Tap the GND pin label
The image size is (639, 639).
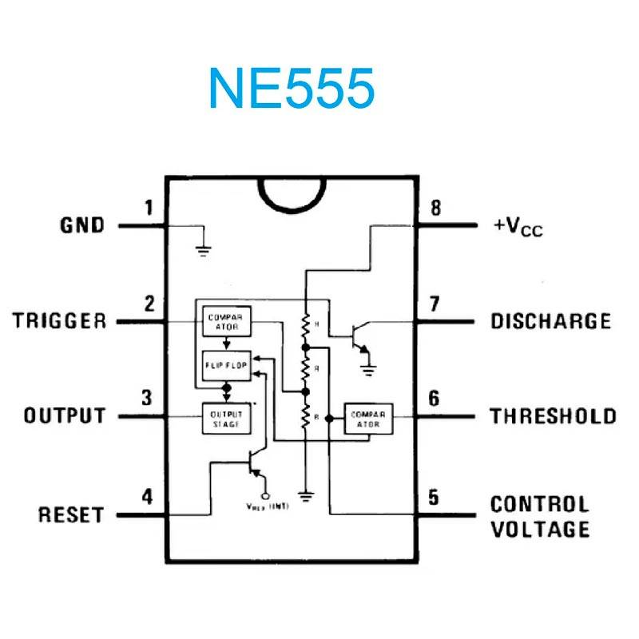(82, 225)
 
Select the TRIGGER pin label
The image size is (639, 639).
(60, 321)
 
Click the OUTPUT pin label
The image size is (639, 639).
(65, 416)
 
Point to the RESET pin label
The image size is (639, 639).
(71, 514)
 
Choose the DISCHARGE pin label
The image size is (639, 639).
(550, 321)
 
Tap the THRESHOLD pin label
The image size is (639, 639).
(553, 416)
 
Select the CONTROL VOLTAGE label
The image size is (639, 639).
(540, 517)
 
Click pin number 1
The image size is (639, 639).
(149, 208)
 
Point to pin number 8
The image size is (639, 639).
(435, 208)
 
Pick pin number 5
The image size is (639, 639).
(434, 497)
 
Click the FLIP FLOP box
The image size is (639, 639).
(225, 367)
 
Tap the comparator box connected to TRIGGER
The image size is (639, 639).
(226, 321)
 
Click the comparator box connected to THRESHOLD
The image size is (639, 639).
(369, 419)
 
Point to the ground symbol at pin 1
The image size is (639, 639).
(204, 248)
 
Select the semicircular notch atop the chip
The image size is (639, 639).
(293, 194)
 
